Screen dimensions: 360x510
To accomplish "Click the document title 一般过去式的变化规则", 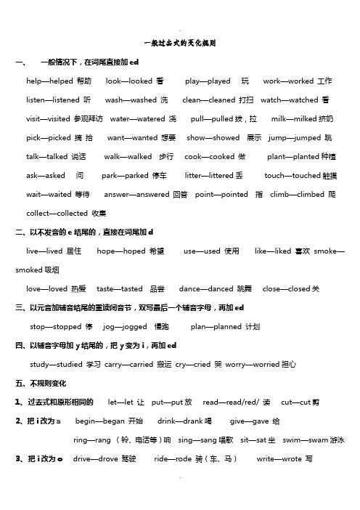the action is tap(179, 44).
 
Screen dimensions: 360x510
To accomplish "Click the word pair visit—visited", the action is tap(46, 118).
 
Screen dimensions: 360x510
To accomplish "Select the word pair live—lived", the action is tap(44, 251).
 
